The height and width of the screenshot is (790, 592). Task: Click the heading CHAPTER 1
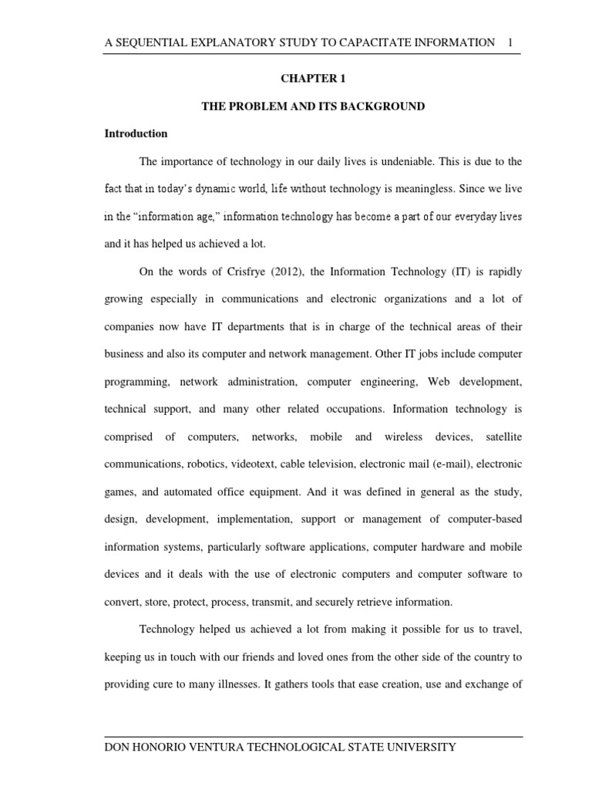point(313,79)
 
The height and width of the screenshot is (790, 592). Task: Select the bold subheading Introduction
point(136,133)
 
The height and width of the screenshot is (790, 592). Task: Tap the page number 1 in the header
point(510,42)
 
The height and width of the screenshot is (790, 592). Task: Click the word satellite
point(503,437)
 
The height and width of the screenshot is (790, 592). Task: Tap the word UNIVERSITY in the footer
point(412,747)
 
